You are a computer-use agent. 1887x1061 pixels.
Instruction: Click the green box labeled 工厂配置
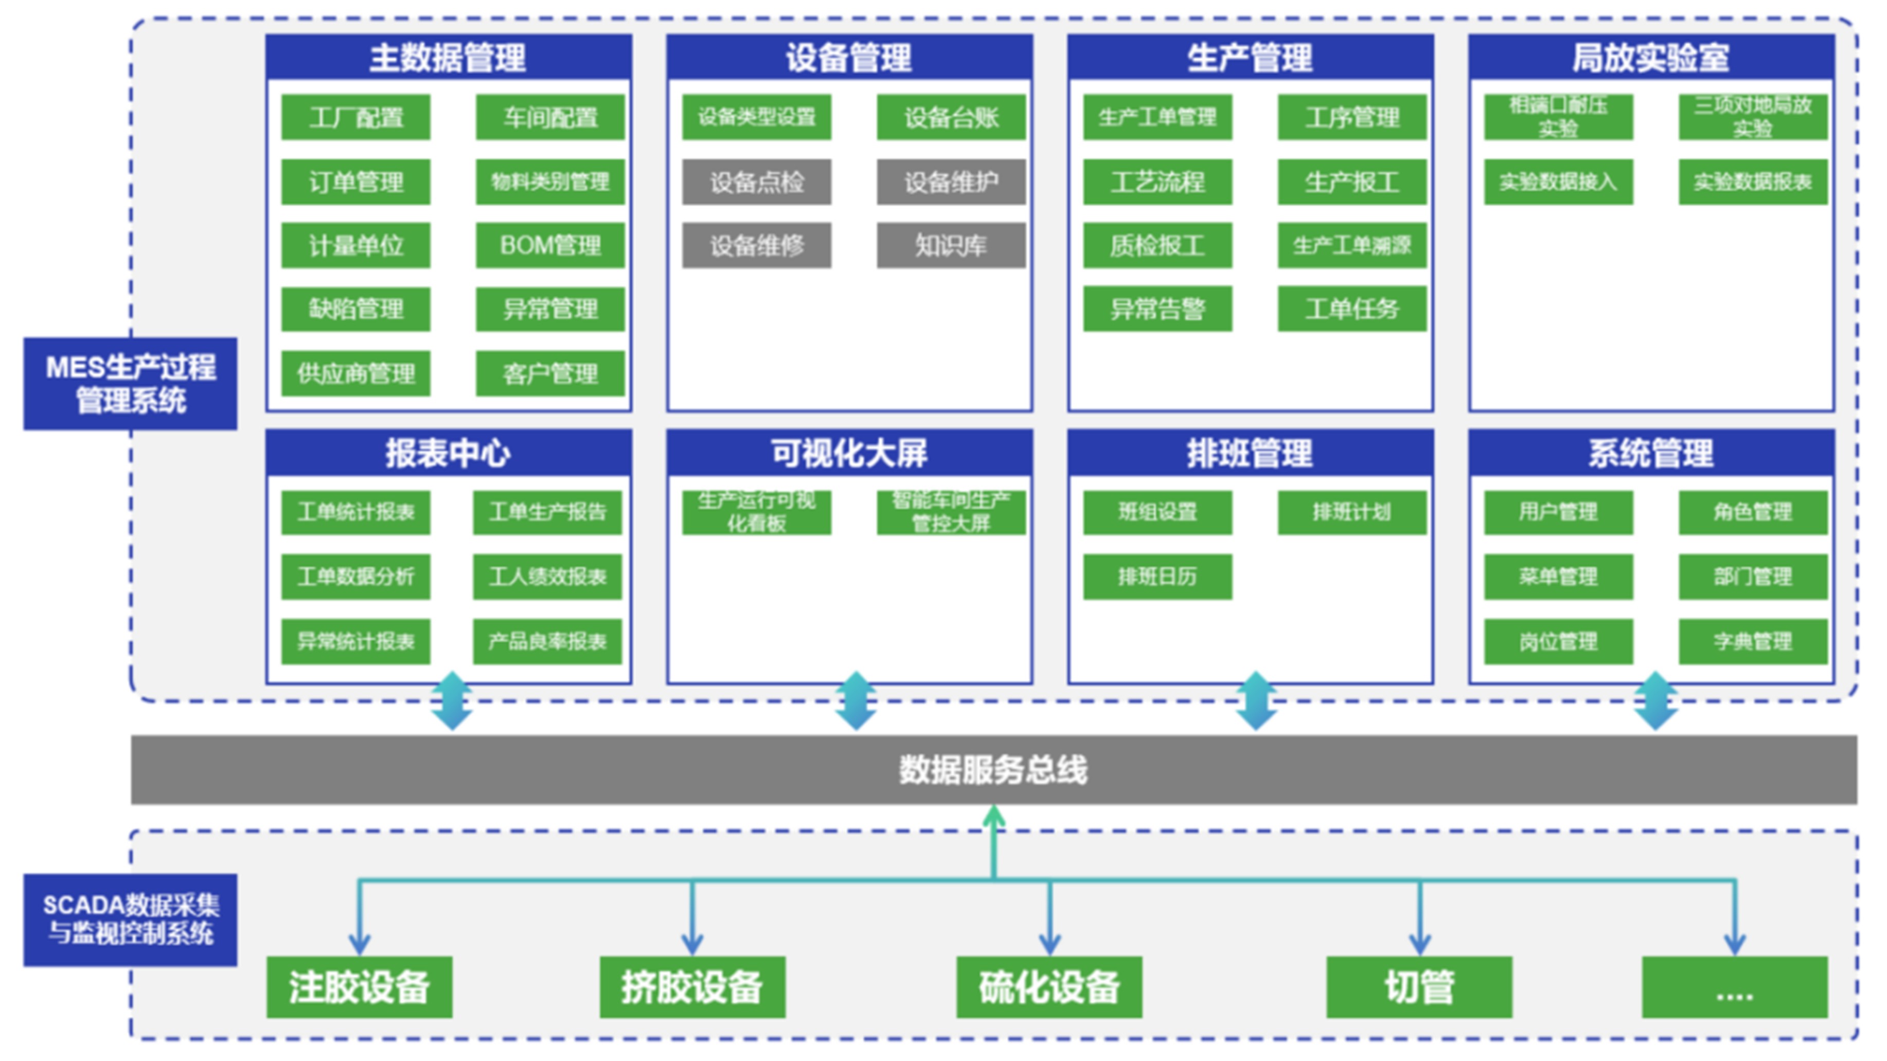(355, 117)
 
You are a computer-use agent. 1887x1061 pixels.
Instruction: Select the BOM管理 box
(550, 245)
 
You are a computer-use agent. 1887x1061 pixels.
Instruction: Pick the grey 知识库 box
(951, 245)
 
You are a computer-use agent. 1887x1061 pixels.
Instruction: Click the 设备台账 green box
(951, 117)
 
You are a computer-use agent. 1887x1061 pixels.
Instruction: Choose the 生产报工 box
(1351, 182)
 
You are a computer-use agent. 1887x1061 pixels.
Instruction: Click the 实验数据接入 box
(1558, 182)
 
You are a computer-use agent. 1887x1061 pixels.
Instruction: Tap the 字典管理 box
(1752, 641)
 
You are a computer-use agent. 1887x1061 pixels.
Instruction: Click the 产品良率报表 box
(547, 641)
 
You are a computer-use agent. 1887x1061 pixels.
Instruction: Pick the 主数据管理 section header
(448, 57)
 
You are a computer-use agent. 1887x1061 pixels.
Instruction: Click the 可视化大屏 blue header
(849, 453)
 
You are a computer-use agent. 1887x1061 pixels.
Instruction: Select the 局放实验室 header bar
(1651, 57)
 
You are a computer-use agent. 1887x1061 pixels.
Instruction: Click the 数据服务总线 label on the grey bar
(993, 769)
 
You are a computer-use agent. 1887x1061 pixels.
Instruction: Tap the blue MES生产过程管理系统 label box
(130, 384)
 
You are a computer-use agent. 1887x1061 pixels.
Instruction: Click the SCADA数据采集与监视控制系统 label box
(130, 920)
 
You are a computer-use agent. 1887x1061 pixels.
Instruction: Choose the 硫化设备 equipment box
(1049, 987)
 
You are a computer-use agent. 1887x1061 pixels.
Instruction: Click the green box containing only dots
(1734, 987)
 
